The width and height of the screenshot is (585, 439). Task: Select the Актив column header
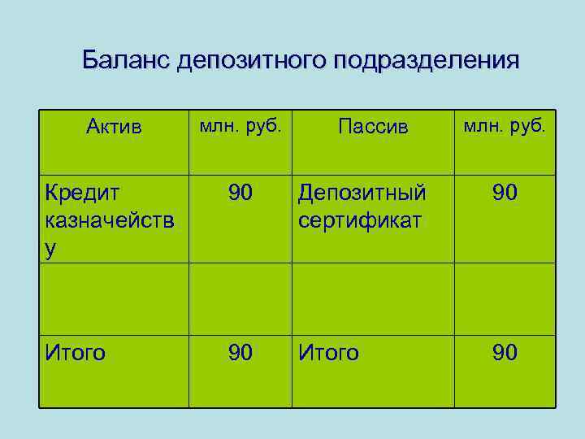[114, 128]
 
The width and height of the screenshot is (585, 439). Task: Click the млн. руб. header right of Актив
[240, 126]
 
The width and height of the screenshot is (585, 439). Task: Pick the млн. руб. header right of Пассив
[505, 126]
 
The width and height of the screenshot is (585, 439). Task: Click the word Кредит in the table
[82, 194]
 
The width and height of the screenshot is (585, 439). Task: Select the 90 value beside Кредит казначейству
[240, 194]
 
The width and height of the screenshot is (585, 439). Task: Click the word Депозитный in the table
[362, 194]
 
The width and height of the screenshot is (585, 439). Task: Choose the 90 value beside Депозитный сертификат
[505, 194]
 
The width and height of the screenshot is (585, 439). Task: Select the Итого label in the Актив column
[76, 353]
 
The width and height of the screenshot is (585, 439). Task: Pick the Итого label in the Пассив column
[329, 353]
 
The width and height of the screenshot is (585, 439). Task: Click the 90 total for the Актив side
[240, 353]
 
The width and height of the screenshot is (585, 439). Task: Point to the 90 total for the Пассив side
[505, 353]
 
